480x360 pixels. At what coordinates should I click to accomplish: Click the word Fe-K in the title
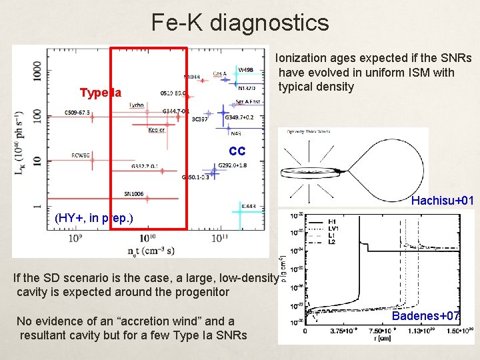point(177,23)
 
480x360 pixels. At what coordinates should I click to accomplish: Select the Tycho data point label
point(136,105)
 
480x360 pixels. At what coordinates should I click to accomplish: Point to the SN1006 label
point(133,194)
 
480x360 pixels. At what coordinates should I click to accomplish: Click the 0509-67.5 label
point(77,113)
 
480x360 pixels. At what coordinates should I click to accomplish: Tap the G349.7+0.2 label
point(240,117)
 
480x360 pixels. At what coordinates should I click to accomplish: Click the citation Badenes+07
point(425,315)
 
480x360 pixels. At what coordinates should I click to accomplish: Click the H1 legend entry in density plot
point(332,221)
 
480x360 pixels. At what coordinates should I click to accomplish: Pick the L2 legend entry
point(332,243)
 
